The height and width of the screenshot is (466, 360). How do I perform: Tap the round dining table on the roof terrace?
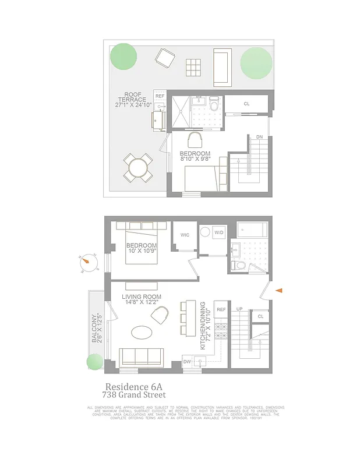[139, 168]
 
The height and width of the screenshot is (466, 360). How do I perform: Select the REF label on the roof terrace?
[160, 96]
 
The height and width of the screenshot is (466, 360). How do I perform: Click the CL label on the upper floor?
[246, 104]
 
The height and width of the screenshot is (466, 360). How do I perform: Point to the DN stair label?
[259, 137]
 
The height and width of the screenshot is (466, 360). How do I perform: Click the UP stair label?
[239, 308]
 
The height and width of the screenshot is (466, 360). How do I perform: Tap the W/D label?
[219, 233]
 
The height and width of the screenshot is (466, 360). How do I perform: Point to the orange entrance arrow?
[279, 290]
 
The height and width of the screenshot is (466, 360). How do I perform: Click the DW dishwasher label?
[188, 362]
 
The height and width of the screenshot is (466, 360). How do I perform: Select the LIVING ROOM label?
[142, 296]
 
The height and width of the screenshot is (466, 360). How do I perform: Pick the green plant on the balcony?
[94, 362]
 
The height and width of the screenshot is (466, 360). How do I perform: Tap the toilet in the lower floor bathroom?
[238, 266]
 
